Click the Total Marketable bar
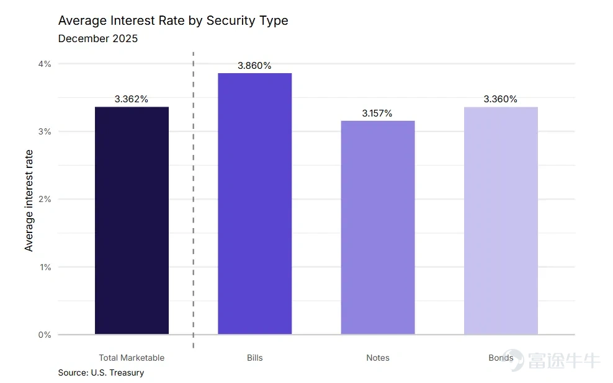(132, 220)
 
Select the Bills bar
(255, 203)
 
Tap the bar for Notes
(378, 227)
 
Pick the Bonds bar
(501, 221)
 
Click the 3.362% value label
(132, 99)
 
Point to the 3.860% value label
(254, 66)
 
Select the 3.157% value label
(377, 113)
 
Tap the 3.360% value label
(501, 99)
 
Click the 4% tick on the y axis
(45, 64)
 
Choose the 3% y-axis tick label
(45, 131)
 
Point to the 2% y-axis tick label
(45, 199)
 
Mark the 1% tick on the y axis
(45, 267)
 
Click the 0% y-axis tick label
(45, 335)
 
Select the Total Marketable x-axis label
(132, 358)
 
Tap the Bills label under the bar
(255, 358)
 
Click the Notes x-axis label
(378, 358)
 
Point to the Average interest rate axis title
(29, 201)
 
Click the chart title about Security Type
(173, 20)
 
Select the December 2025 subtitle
(98, 38)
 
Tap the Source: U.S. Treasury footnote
(101, 373)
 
